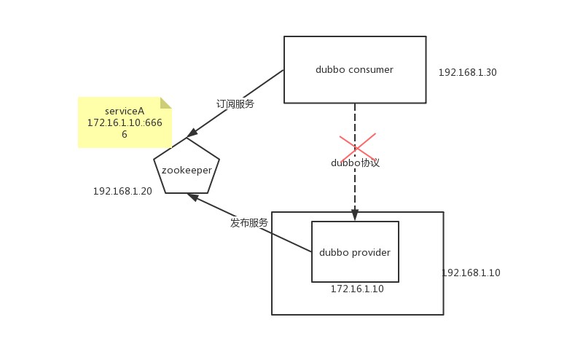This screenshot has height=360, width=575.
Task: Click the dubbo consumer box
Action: (354, 69)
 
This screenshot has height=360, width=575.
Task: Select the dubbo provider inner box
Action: (355, 251)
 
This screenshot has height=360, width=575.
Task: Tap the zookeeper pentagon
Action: (187, 169)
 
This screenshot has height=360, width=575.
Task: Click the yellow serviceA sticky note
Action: (124, 122)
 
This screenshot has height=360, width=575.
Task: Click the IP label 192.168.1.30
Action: (467, 73)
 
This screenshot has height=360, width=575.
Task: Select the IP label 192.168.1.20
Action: (122, 192)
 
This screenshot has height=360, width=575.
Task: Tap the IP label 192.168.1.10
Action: (471, 273)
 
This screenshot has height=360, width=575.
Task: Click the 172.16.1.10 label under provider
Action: (357, 289)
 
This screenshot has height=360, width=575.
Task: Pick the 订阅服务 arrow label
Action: (235, 104)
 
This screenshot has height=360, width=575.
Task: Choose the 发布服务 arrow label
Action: (249, 222)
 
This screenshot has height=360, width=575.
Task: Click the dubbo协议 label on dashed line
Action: (355, 163)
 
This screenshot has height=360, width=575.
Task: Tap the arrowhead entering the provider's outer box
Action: (355, 215)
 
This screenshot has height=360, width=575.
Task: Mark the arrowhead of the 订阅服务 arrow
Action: (192, 133)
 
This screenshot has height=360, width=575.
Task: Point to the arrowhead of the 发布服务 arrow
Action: (192, 196)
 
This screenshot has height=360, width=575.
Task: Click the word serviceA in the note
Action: (125, 111)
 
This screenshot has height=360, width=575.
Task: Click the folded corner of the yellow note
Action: (166, 102)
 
